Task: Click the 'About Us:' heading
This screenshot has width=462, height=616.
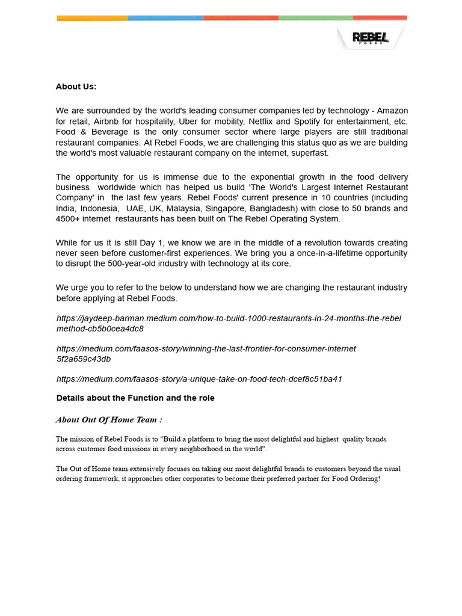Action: pyautogui.click(x=76, y=87)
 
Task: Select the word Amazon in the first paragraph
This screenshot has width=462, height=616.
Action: pyautogui.click(x=392, y=111)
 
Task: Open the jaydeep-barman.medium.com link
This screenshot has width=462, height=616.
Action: pyautogui.click(x=229, y=318)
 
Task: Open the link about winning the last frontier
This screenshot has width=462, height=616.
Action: pyautogui.click(x=206, y=349)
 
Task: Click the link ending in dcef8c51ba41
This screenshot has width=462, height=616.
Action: pyautogui.click(x=199, y=379)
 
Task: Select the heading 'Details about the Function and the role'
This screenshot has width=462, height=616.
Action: pyautogui.click(x=135, y=398)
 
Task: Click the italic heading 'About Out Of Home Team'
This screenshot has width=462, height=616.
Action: pyautogui.click(x=109, y=419)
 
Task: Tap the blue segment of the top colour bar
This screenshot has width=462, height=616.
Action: pyautogui.click(x=165, y=18)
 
